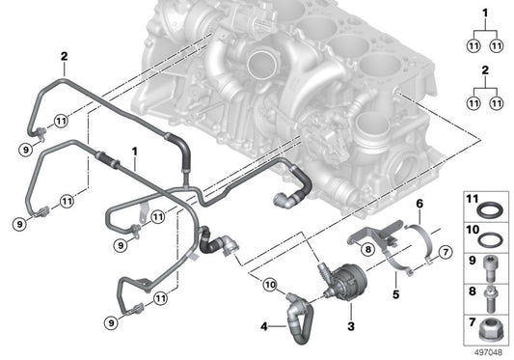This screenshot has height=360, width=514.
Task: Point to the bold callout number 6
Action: click(419, 204)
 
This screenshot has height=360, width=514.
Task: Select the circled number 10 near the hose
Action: click(269, 283)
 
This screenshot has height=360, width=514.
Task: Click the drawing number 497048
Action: click(487, 351)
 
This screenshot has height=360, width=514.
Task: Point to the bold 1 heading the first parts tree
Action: click(486, 12)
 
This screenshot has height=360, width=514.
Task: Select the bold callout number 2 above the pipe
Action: click(64, 56)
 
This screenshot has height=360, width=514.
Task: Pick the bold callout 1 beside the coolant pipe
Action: click(135, 152)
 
